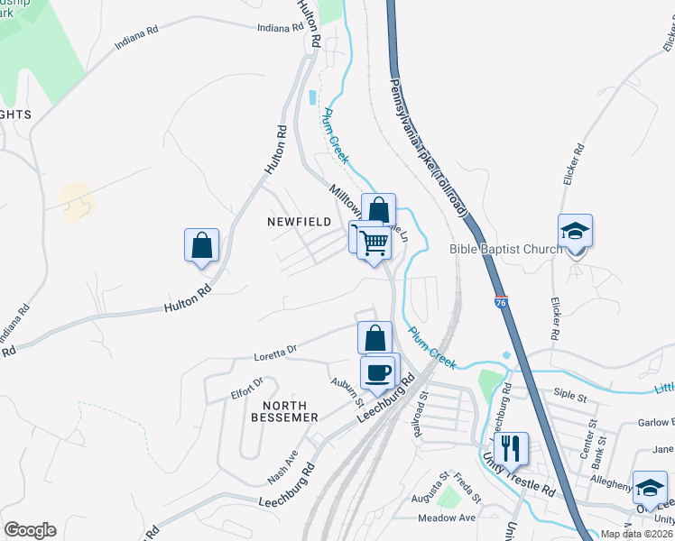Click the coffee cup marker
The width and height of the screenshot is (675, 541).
(378, 371)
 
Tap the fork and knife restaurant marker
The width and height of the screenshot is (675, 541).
(512, 448)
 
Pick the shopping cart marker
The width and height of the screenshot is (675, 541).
(373, 242)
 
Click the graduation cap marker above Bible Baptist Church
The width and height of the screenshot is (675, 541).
(575, 231)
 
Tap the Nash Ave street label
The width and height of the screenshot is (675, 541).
(282, 466)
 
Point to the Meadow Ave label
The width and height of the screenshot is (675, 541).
(446, 518)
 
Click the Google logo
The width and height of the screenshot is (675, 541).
(31, 530)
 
